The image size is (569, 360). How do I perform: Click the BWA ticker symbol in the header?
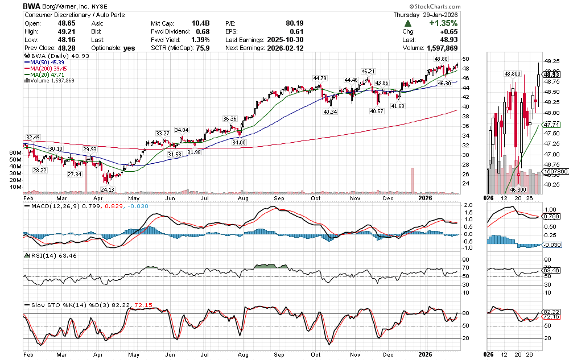(32, 6)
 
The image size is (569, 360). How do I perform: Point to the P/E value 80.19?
(297, 23)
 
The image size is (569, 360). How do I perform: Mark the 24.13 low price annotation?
(108, 189)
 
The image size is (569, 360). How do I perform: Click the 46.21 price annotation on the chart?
(369, 72)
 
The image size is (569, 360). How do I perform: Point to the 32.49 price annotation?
(32, 138)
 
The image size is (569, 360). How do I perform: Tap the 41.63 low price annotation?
(398, 106)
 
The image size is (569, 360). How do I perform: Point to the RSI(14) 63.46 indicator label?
(51, 255)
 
